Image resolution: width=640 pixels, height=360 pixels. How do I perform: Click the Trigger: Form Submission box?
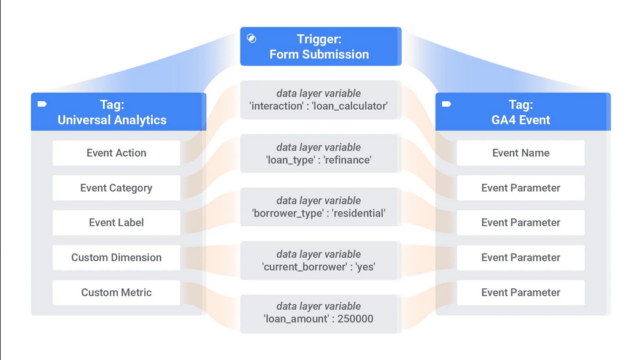pos(320,47)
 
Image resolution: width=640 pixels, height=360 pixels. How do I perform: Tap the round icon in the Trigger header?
pos(252,39)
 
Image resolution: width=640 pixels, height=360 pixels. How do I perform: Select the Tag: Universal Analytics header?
pos(118,112)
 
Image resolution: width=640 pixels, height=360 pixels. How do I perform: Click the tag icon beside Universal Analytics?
pos(42,104)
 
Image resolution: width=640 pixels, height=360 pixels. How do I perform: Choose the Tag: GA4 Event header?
pos(523,112)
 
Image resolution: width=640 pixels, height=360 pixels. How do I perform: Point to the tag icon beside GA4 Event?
pos(447,104)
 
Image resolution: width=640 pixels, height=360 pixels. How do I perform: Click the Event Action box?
pos(117,153)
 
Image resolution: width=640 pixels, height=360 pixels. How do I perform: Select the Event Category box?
pos(117,188)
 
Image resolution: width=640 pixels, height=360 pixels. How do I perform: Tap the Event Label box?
pos(117,223)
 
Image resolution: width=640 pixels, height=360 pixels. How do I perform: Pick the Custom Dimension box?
pos(117,258)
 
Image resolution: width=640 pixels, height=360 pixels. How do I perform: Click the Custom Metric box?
pos(117,293)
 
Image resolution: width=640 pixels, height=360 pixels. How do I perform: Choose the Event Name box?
pos(520,153)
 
